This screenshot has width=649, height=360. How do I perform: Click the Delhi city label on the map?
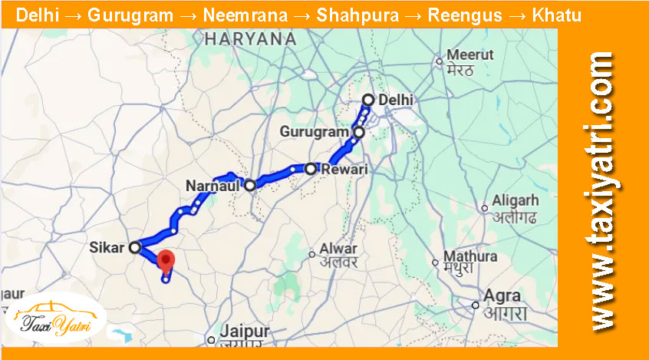(396, 100)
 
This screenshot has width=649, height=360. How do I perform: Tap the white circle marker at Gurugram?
(358, 133)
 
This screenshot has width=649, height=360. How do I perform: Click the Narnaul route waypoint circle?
(249, 185)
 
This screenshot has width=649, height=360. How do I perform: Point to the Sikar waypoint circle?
(135, 247)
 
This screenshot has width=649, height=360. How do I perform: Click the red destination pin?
(166, 260)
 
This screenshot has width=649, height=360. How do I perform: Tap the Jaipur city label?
(245, 332)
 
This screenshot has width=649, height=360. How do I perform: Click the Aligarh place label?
(516, 200)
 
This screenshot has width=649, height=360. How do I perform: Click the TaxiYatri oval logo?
(55, 317)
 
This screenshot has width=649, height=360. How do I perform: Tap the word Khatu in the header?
(558, 15)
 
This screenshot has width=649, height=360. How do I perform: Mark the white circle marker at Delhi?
(368, 100)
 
